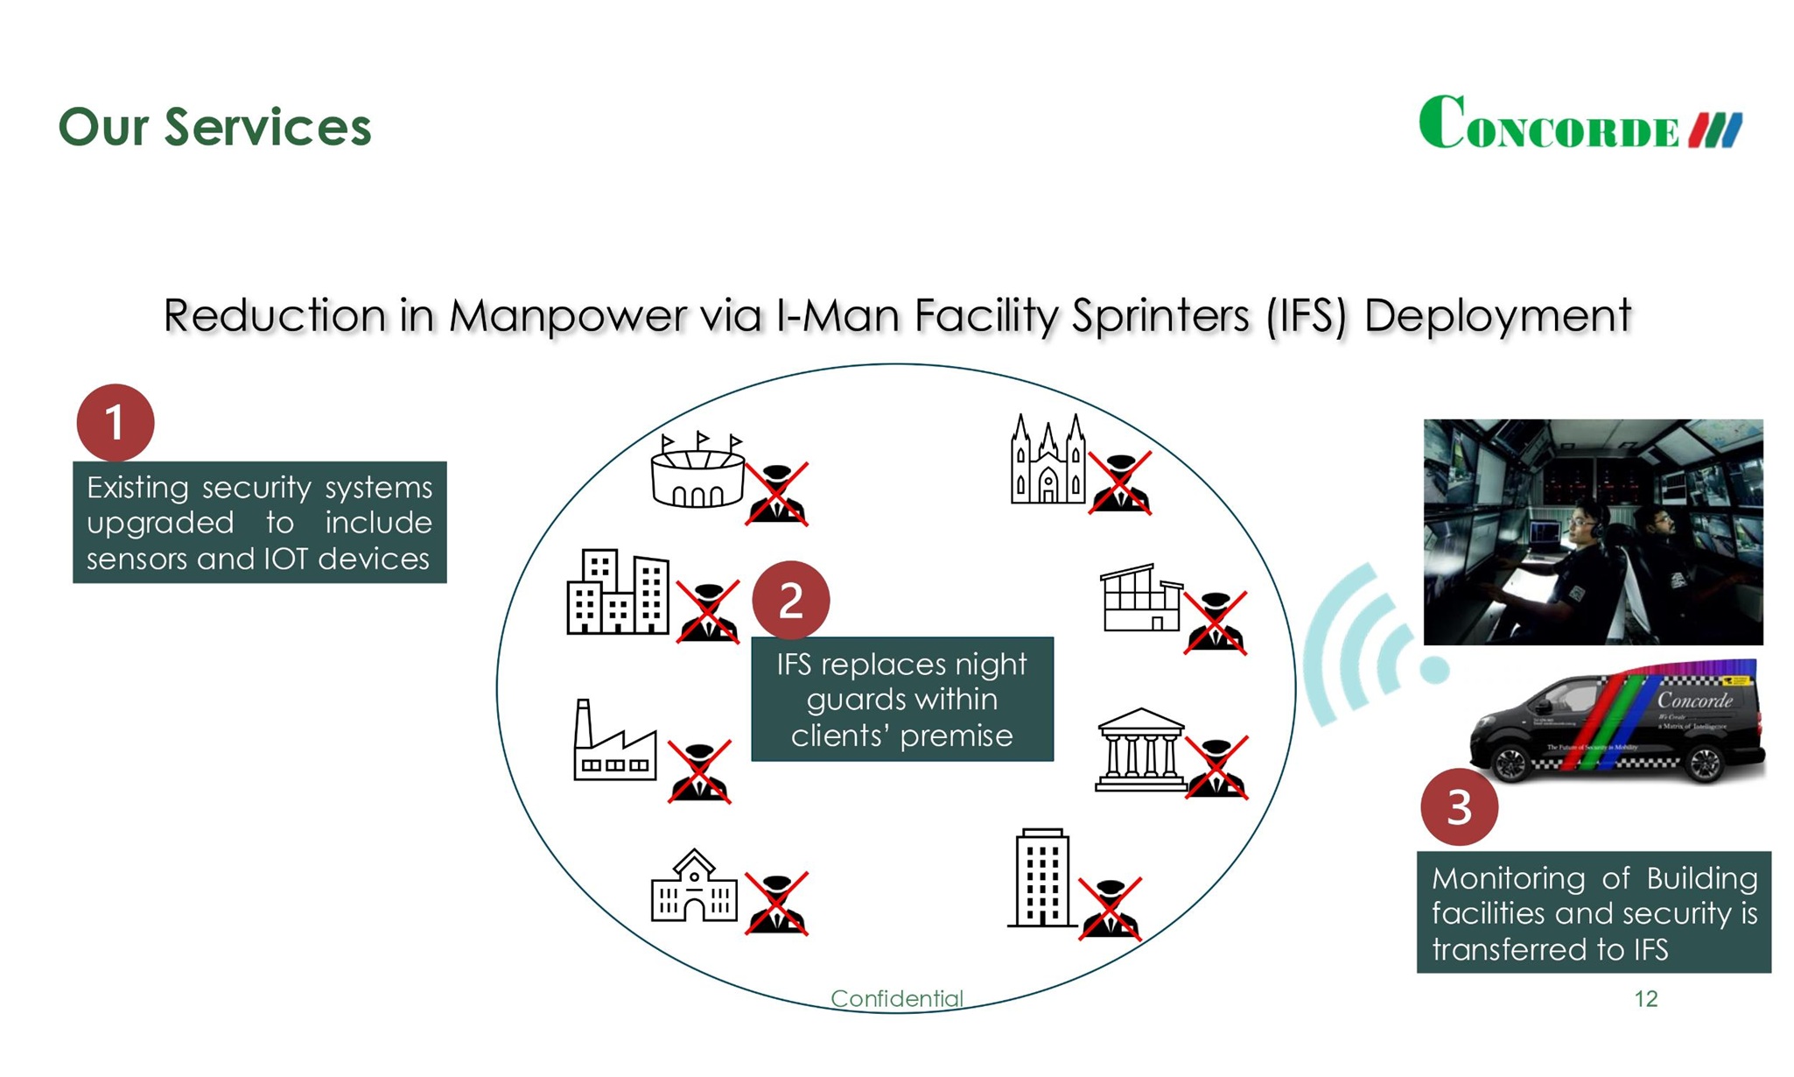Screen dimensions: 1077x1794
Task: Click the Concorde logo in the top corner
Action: click(x=1580, y=124)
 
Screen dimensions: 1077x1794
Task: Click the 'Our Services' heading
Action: click(x=214, y=127)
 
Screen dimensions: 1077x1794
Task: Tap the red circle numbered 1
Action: click(x=115, y=423)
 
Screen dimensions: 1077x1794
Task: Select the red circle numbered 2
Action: click(x=790, y=600)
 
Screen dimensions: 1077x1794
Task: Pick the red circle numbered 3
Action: click(x=1459, y=806)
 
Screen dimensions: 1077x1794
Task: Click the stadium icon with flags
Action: click(x=697, y=472)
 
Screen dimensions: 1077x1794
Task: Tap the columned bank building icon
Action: click(x=1140, y=750)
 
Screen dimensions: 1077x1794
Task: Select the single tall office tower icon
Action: click(x=1042, y=877)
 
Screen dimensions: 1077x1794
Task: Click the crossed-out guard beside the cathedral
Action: click(x=1119, y=483)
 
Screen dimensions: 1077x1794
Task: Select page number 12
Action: click(x=1645, y=998)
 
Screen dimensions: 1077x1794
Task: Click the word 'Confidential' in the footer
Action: click(x=896, y=998)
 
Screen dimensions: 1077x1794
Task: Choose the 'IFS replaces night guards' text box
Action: click(x=902, y=699)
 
